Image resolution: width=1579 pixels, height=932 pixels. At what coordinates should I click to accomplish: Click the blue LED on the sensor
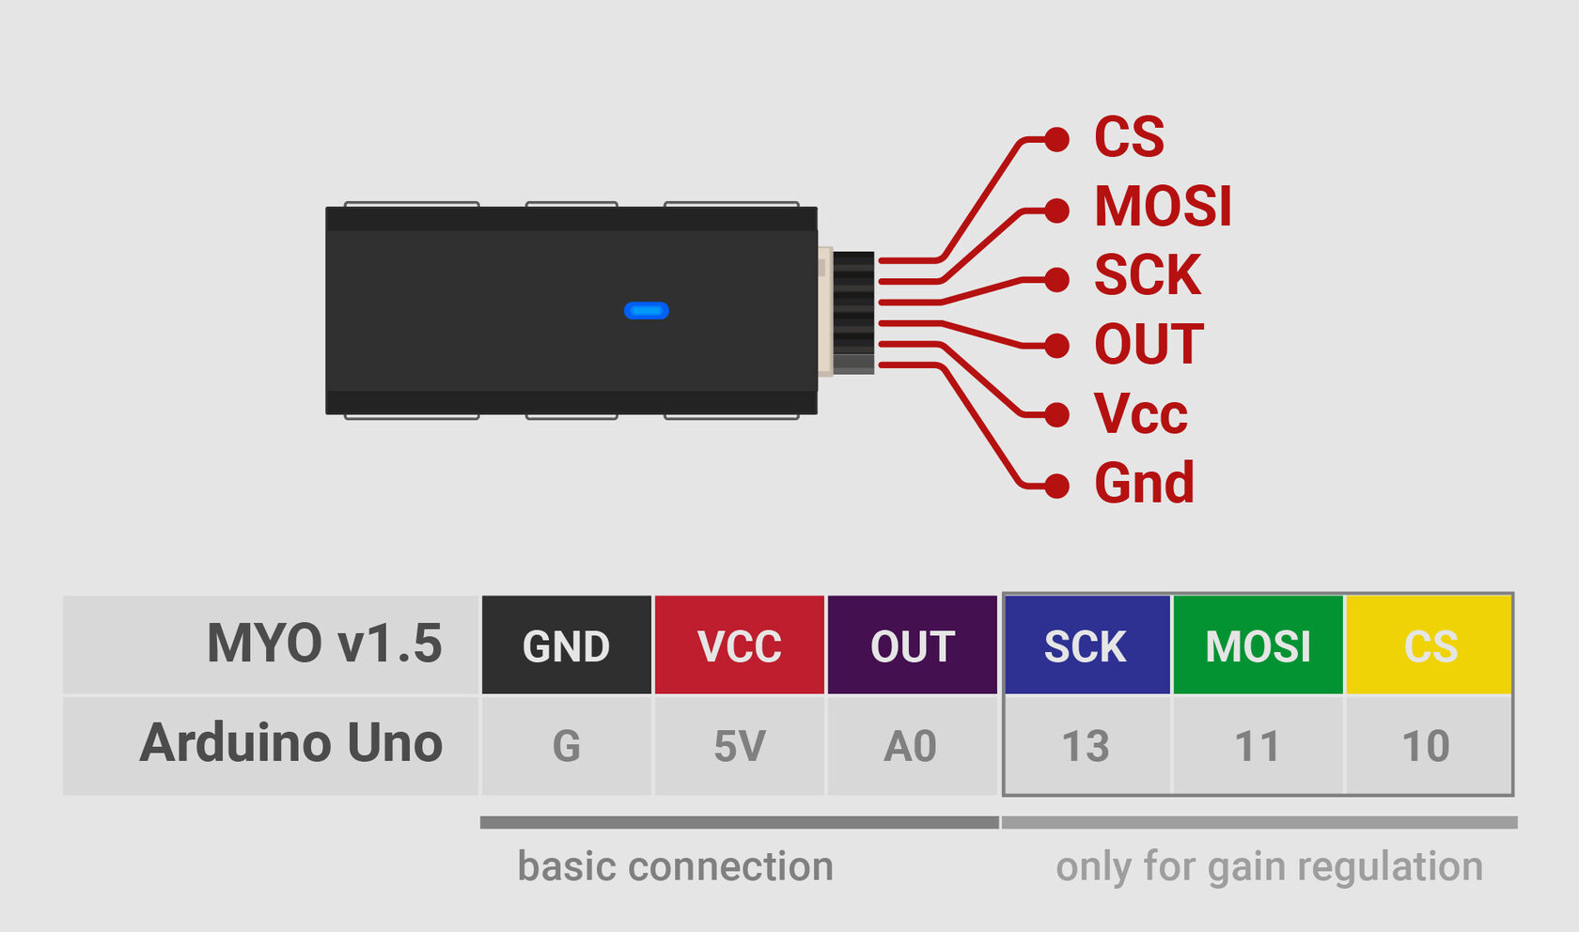point(647,311)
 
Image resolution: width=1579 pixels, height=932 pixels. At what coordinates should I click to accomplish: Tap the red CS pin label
point(1129,137)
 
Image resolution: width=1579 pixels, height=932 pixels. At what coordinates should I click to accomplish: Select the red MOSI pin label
point(1163,207)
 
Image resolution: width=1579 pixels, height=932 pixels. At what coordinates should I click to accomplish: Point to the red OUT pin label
point(1149,345)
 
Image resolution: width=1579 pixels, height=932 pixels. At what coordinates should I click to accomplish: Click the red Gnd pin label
point(1144,483)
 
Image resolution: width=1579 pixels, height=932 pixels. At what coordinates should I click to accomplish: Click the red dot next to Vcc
point(1057,414)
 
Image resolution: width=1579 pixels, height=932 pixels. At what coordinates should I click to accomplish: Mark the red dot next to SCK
point(1057,279)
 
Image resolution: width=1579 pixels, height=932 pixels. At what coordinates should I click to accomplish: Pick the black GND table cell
point(566,645)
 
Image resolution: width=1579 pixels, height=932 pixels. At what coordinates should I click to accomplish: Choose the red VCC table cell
point(739,645)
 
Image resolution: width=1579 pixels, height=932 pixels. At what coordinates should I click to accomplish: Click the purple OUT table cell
point(912,645)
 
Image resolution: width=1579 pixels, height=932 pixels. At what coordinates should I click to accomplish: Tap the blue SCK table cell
point(1087,645)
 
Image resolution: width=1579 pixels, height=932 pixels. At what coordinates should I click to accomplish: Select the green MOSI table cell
point(1258,645)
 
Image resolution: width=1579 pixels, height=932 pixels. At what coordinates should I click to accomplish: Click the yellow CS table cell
point(1430,645)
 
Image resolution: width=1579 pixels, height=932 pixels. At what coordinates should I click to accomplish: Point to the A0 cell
point(911,746)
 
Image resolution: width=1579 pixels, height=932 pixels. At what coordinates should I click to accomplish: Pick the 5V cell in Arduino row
point(739,746)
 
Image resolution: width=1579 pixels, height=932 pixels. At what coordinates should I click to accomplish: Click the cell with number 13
point(1086,746)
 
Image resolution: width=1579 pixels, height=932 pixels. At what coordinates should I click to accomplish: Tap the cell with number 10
point(1426,746)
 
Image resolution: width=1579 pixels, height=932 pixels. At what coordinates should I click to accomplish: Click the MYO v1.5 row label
point(323,645)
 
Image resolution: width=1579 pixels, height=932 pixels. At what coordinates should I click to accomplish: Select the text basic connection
point(675,866)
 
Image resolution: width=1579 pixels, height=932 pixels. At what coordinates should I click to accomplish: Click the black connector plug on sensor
point(853,312)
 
